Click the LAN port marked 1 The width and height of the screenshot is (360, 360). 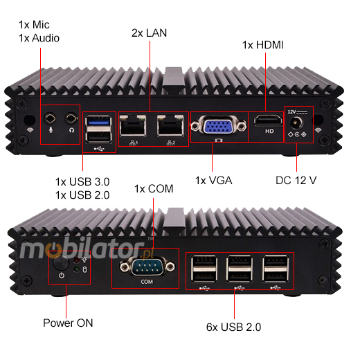132,127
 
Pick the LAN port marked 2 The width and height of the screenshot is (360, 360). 169,127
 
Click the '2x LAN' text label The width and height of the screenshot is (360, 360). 149,33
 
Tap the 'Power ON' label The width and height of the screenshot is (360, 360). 67,322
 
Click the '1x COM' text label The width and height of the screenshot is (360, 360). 154,188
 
